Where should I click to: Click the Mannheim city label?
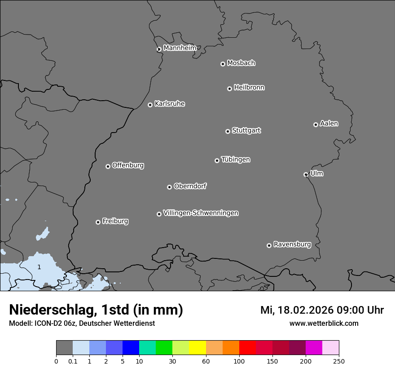(180, 48)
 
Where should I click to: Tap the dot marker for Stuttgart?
(228, 131)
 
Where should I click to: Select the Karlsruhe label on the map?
(170, 104)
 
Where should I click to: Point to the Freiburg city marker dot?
(98, 222)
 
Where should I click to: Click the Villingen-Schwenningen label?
(201, 213)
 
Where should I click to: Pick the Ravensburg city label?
(292, 244)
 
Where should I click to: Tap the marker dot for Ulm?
(306, 174)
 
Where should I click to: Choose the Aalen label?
(329, 124)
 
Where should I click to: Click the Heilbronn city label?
(249, 88)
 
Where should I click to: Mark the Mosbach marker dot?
(223, 64)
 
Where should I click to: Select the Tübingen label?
(236, 160)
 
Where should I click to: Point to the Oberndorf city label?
(190, 186)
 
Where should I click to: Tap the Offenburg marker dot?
(108, 166)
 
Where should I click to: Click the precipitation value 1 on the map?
(39, 267)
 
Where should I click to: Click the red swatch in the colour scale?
(247, 348)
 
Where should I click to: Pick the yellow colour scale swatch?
(197, 348)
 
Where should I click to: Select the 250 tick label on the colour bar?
(339, 360)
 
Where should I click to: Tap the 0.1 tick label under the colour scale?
(73, 360)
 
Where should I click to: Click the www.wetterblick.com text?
(324, 323)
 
